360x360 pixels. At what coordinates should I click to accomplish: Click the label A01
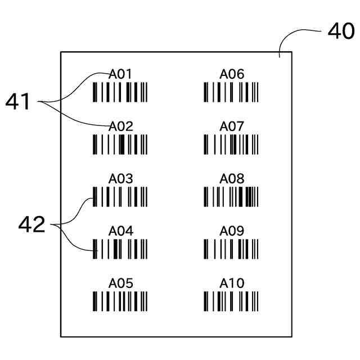click(x=120, y=74)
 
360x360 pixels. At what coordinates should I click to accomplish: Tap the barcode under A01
click(x=120, y=92)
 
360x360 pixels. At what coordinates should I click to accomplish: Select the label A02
click(x=120, y=127)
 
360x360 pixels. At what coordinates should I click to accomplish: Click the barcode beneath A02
click(x=120, y=145)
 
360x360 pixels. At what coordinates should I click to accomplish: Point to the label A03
click(x=120, y=179)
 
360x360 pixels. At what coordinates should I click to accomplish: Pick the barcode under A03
click(x=120, y=197)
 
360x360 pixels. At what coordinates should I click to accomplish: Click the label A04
click(x=120, y=231)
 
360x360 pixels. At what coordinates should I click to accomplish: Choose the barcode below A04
click(x=120, y=249)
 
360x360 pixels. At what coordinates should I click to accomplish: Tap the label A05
click(x=120, y=283)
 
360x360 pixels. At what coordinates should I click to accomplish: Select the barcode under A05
click(x=120, y=301)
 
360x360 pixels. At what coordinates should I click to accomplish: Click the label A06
click(x=232, y=74)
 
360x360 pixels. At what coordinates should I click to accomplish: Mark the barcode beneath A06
click(x=231, y=92)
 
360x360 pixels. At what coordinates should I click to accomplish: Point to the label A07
click(x=232, y=127)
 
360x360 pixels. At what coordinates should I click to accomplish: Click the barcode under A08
click(x=231, y=197)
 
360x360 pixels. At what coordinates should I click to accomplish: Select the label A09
click(x=232, y=231)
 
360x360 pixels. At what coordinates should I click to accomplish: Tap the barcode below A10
click(x=231, y=301)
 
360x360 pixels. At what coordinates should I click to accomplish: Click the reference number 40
click(x=341, y=32)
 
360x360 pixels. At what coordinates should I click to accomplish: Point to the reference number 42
click(x=31, y=225)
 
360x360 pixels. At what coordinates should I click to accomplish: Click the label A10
click(x=232, y=283)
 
